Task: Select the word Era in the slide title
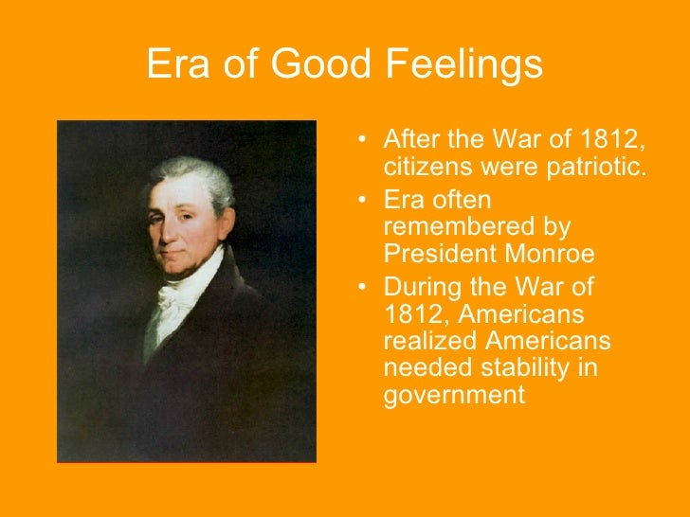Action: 177,65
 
